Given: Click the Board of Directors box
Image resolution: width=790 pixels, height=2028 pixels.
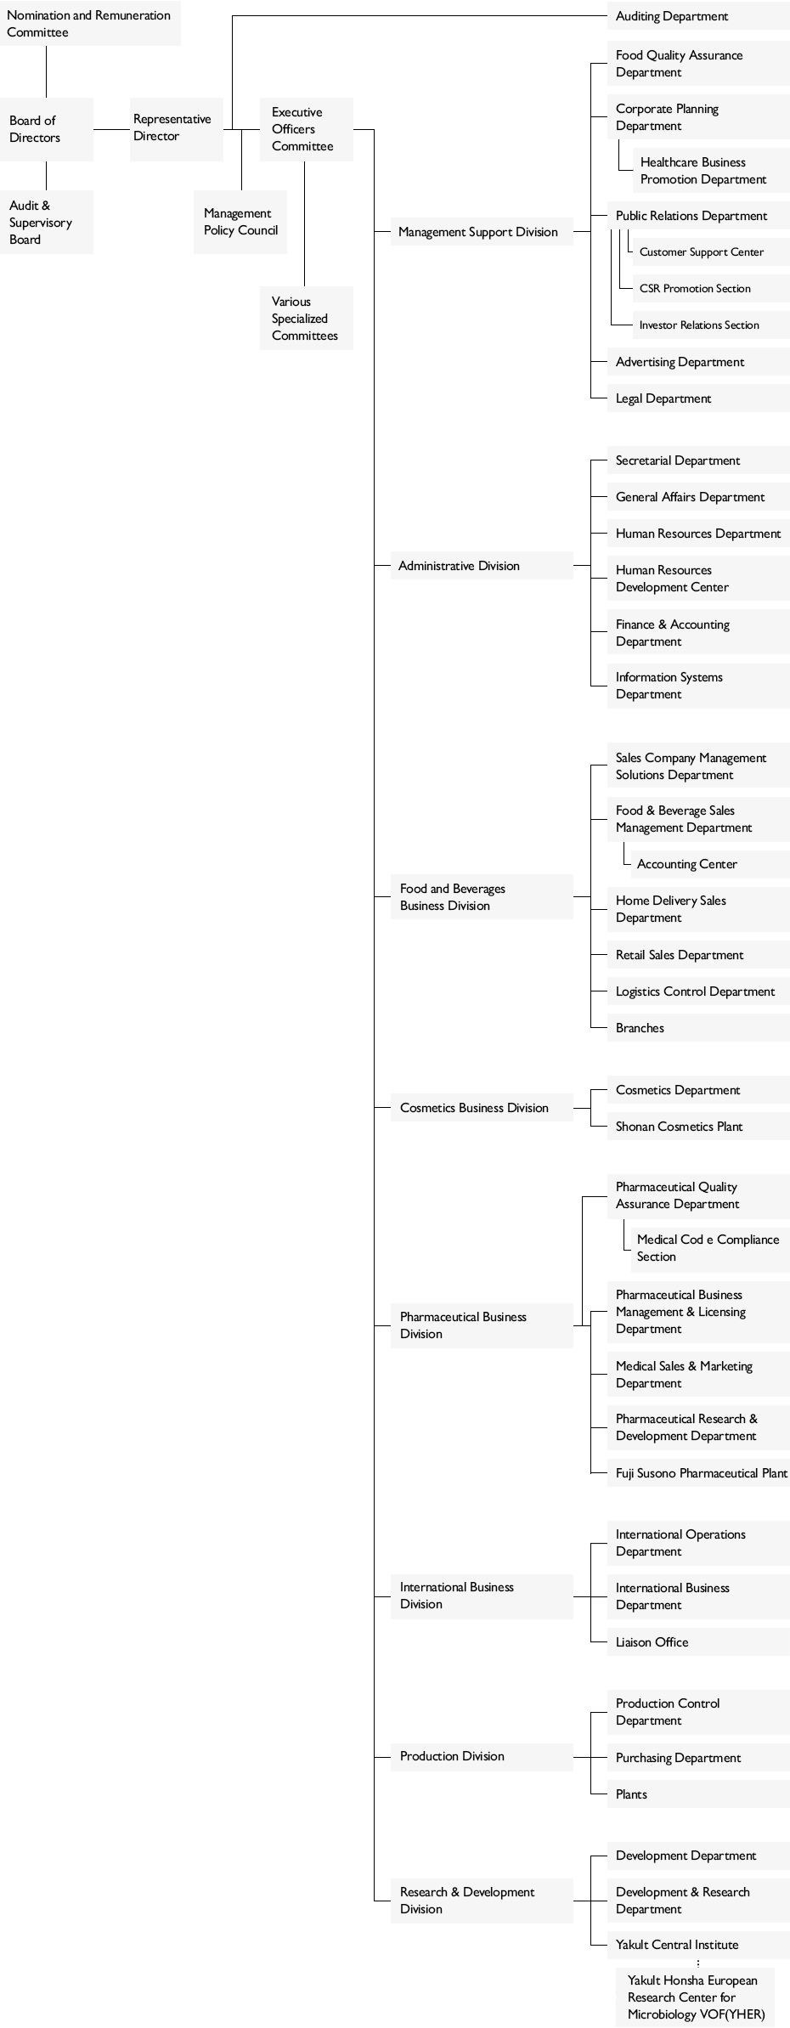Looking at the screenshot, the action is [x=47, y=129].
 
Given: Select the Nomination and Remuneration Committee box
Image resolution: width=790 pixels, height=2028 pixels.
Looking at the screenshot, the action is [x=90, y=24].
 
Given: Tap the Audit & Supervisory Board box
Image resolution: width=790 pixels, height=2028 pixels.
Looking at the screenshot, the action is [x=47, y=222].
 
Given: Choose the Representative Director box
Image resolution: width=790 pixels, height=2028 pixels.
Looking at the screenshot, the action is [x=177, y=128].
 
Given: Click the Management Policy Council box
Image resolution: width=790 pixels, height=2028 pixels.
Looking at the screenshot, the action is [x=240, y=222].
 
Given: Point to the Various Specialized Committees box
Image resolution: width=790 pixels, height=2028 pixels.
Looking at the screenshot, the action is [x=306, y=318].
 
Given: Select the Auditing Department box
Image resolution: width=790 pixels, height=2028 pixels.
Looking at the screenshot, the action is [x=698, y=16].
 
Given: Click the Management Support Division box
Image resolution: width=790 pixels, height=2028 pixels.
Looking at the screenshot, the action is [x=482, y=232].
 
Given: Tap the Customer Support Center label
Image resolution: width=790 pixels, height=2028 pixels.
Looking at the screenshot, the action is [x=702, y=252].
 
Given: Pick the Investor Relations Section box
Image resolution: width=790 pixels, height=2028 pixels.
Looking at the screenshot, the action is [x=711, y=325].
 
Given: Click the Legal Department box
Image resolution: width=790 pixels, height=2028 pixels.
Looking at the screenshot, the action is [x=698, y=398].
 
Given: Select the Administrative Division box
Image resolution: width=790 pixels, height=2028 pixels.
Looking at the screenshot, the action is [x=482, y=566].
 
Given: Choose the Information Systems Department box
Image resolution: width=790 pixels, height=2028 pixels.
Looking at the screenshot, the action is [x=698, y=686].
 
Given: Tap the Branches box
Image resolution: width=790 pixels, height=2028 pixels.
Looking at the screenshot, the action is [x=698, y=1028].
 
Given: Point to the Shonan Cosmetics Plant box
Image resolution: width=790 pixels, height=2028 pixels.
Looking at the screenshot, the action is [x=698, y=1127].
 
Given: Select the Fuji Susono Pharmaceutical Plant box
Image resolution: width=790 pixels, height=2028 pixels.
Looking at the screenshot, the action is [x=698, y=1473].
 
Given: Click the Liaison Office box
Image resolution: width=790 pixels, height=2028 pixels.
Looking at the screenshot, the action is [x=698, y=1642].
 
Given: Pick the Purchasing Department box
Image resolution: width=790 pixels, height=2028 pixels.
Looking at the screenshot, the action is [x=698, y=1758].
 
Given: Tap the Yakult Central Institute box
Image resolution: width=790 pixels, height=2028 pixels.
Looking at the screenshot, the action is [x=698, y=1945].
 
